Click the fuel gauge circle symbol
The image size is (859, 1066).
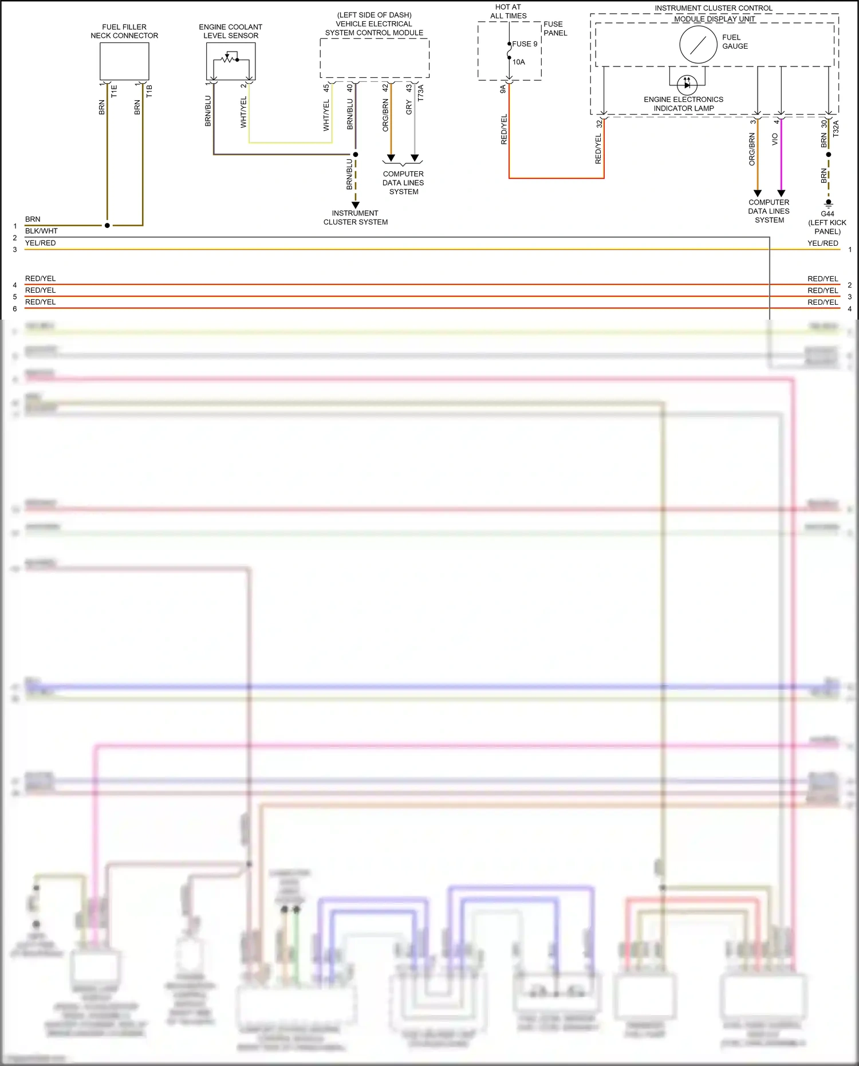[698, 45]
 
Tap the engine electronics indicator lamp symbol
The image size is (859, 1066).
[687, 85]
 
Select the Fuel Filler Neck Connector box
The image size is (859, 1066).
[124, 61]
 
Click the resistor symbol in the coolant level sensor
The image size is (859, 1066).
[228, 58]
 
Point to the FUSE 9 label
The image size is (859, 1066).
[525, 44]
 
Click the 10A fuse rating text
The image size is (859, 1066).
[519, 62]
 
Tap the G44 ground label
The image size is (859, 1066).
[828, 214]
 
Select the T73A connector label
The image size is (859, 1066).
[421, 93]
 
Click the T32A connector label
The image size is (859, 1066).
[836, 128]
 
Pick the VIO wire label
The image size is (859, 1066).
[775, 139]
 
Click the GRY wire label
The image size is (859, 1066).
[409, 107]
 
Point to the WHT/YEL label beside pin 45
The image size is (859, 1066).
[326, 115]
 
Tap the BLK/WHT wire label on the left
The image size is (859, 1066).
[41, 231]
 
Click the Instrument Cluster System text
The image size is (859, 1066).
[355, 218]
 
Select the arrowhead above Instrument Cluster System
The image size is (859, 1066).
[355, 204]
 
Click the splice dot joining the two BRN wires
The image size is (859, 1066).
[107, 226]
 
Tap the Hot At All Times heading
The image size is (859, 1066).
[508, 11]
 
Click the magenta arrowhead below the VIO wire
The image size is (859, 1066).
[781, 194]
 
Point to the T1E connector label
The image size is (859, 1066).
[114, 91]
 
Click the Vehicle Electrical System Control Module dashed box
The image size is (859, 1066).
[375, 58]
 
